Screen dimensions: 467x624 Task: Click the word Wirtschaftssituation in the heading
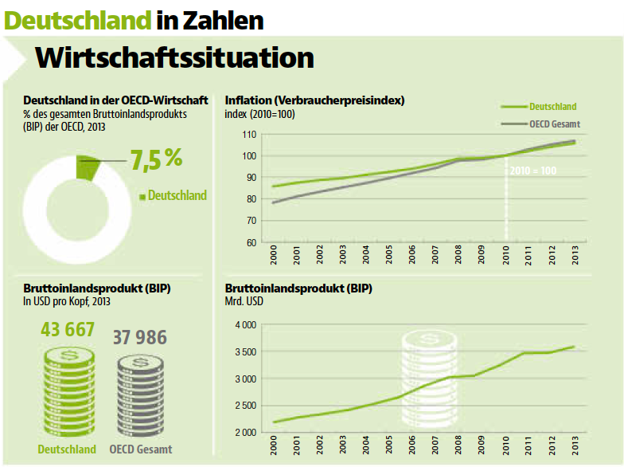[x=175, y=57]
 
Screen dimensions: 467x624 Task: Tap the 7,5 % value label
[x=156, y=158]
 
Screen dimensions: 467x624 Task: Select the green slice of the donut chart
[x=85, y=167]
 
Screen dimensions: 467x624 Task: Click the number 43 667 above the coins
[x=68, y=329]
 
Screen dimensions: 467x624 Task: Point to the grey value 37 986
[x=140, y=337]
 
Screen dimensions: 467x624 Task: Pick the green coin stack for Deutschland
[x=68, y=393]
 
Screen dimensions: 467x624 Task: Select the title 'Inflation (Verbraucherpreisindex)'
[x=315, y=100]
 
